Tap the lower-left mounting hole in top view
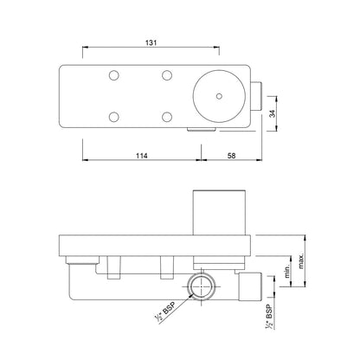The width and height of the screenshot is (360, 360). [112, 116]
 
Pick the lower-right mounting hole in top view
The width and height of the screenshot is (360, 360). [164, 116]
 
